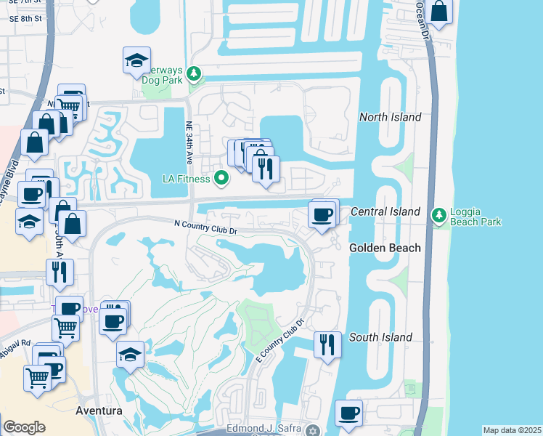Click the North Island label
coord(391,117)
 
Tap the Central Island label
coord(385,211)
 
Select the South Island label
coord(380,337)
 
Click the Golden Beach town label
coord(385,248)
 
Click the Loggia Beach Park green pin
coord(438,215)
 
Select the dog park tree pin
coord(194,73)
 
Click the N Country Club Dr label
coord(205,227)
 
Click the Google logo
coord(24,427)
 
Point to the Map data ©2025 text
coord(512,430)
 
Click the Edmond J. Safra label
coord(265,429)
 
